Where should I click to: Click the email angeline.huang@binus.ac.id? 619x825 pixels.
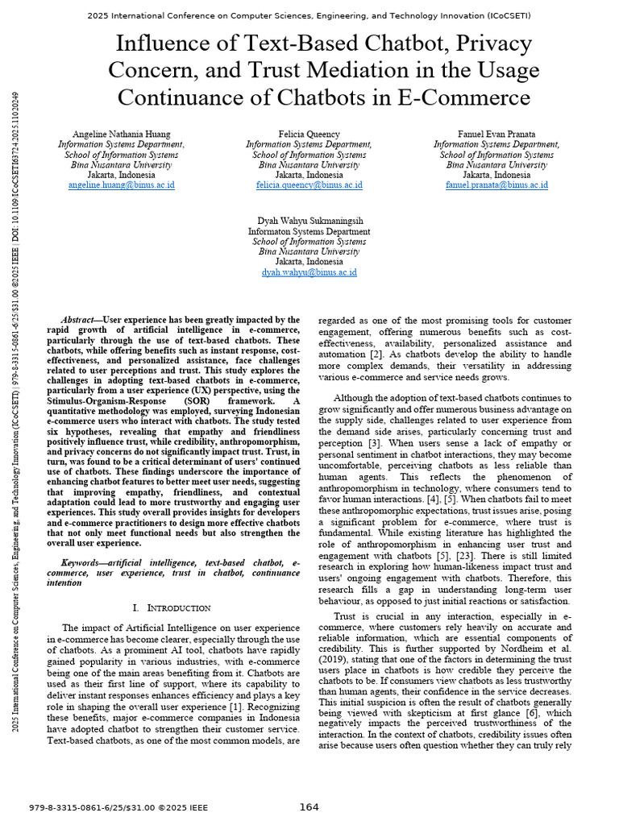121,185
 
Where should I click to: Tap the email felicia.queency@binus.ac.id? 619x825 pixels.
309,185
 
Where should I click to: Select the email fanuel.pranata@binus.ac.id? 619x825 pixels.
496,185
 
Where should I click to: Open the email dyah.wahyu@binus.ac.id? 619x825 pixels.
309,273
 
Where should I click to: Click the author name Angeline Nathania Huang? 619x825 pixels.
121,134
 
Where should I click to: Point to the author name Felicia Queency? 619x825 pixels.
309,134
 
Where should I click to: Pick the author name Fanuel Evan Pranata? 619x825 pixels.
496,134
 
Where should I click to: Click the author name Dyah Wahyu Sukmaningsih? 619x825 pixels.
309,221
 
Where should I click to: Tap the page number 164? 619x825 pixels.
309,807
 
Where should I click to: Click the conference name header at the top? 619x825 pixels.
309,15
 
